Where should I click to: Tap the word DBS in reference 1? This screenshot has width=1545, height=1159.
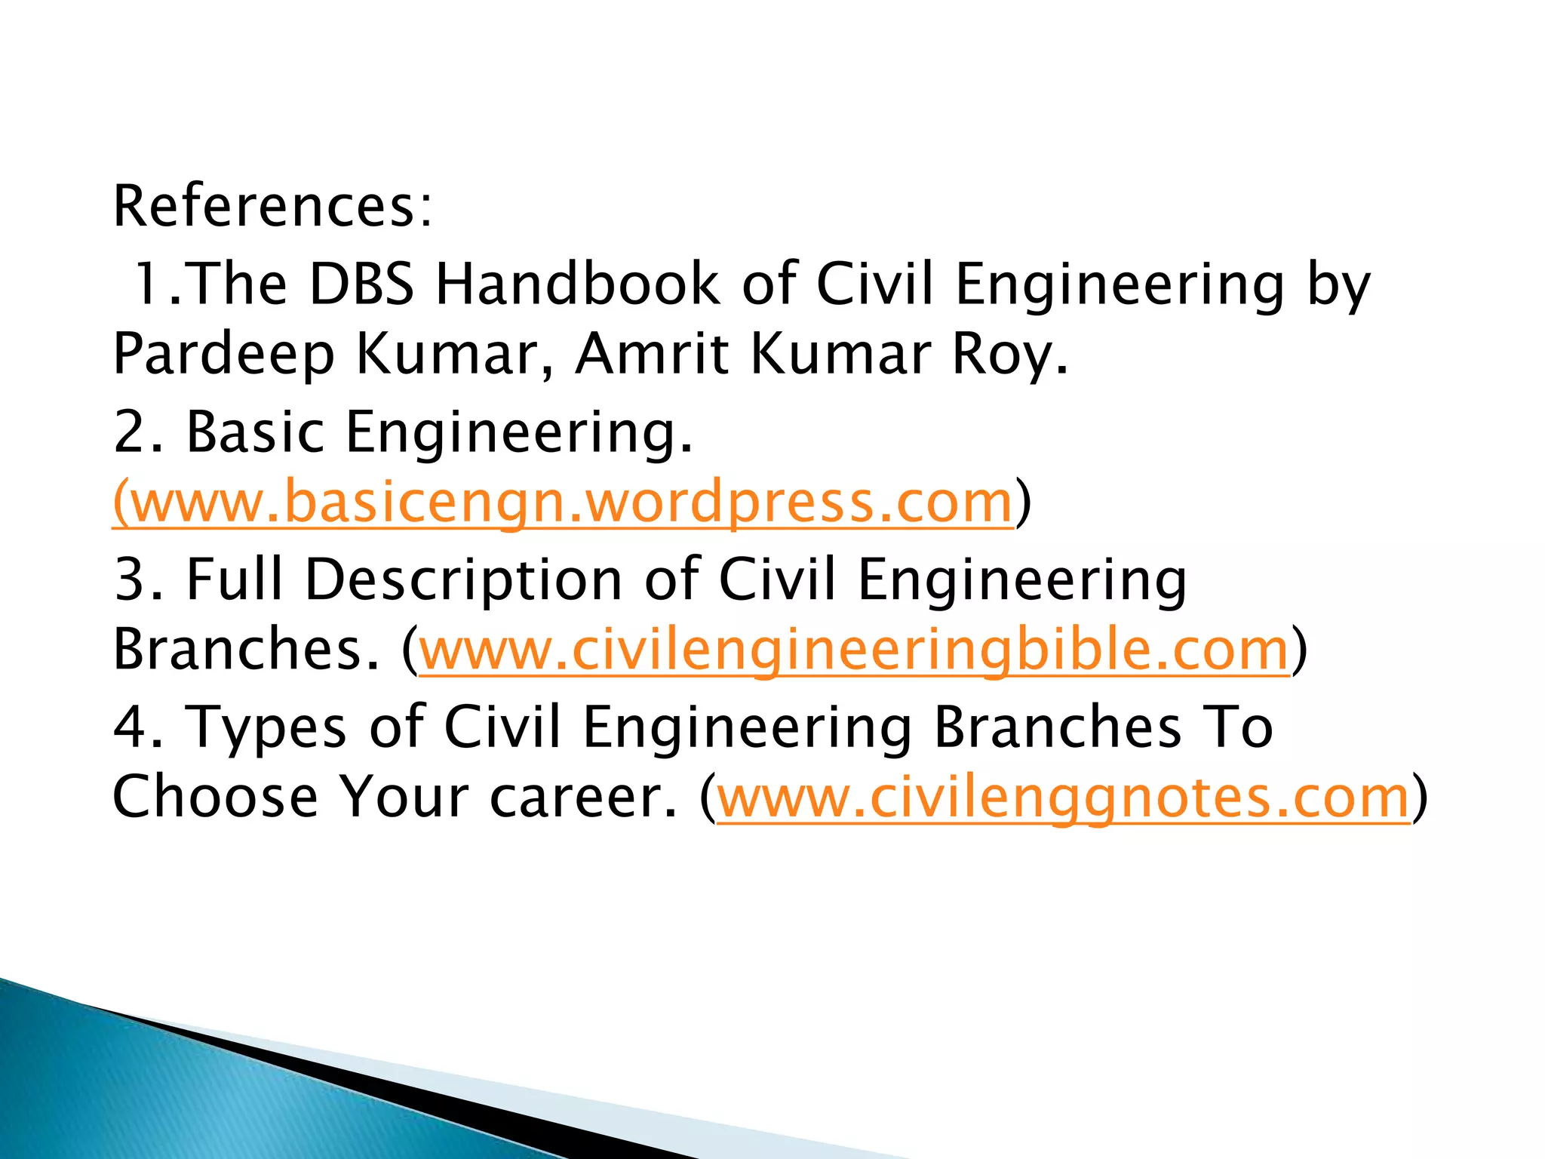tap(361, 284)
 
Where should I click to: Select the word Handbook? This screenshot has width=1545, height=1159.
tap(578, 284)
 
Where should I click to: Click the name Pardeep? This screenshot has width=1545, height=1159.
tap(223, 355)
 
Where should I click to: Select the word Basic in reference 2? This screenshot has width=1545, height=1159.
tap(255, 432)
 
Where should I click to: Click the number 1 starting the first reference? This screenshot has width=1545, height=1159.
tap(147, 284)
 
